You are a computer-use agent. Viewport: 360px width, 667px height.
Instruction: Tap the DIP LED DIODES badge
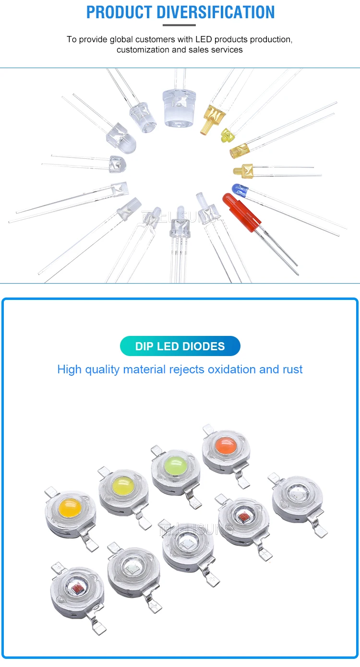[180, 346]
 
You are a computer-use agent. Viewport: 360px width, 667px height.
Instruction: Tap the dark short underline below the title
[180, 25]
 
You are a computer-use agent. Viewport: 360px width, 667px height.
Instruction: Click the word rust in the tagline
[292, 369]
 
